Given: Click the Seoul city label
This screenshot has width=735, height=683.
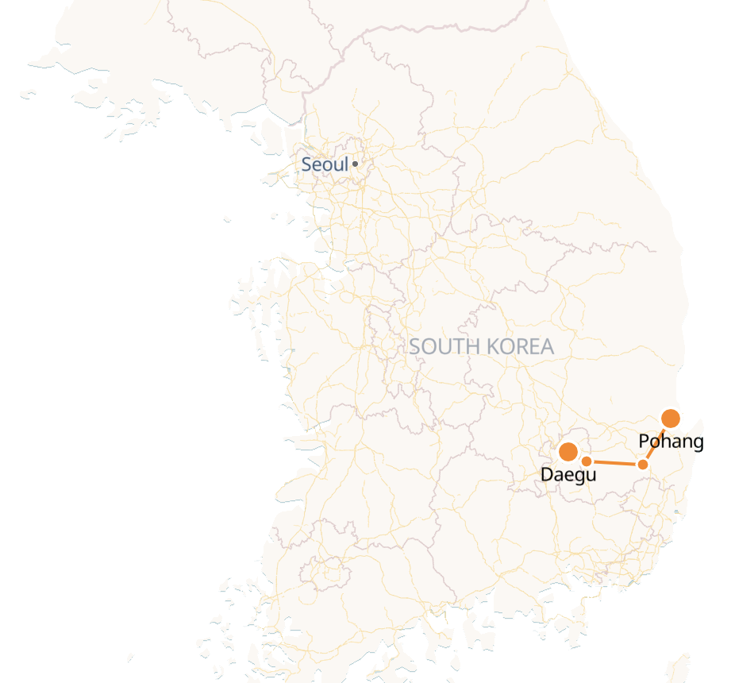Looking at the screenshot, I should point(325,165).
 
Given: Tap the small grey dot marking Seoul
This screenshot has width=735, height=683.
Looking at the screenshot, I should point(355,164).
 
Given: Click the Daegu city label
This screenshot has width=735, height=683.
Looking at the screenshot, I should point(568,475).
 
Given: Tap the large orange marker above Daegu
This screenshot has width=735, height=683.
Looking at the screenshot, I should point(568,452).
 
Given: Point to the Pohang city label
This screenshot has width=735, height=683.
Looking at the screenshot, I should point(671,442).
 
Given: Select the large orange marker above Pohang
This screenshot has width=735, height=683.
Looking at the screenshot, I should point(671,418).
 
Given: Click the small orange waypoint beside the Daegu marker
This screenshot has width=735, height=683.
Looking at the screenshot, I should point(587,461).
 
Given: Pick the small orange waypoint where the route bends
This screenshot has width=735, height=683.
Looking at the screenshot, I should point(643,464).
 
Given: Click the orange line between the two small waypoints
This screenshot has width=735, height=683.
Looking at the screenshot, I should point(615,462).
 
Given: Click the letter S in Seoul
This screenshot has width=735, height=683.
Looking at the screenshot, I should point(306,165).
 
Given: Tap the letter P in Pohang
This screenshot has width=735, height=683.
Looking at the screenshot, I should point(644,442).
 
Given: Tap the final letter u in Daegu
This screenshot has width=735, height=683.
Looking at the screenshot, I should point(591,476).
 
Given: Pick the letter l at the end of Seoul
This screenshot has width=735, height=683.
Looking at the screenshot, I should point(346,164).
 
